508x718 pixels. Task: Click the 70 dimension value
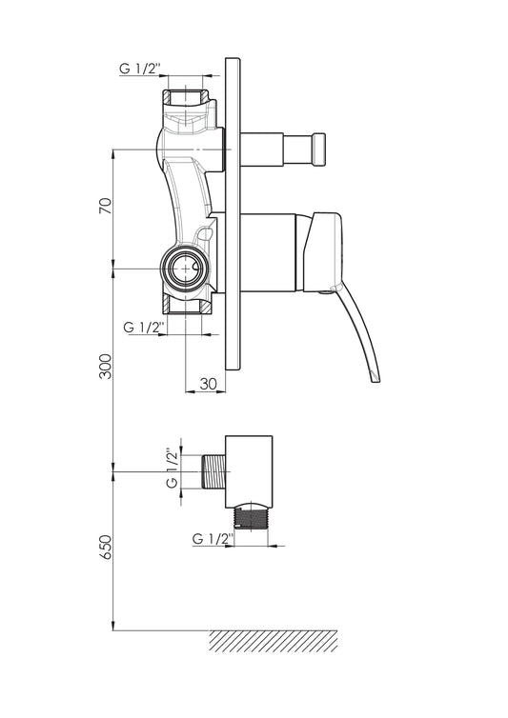click(106, 207)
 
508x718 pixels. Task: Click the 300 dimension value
click(106, 366)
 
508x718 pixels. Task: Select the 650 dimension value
click(106, 547)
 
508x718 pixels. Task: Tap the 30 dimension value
click(209, 384)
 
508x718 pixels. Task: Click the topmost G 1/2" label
click(140, 69)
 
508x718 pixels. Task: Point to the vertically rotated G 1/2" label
click(173, 468)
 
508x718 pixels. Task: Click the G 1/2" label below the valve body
click(144, 328)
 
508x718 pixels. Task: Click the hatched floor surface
click(274, 641)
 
